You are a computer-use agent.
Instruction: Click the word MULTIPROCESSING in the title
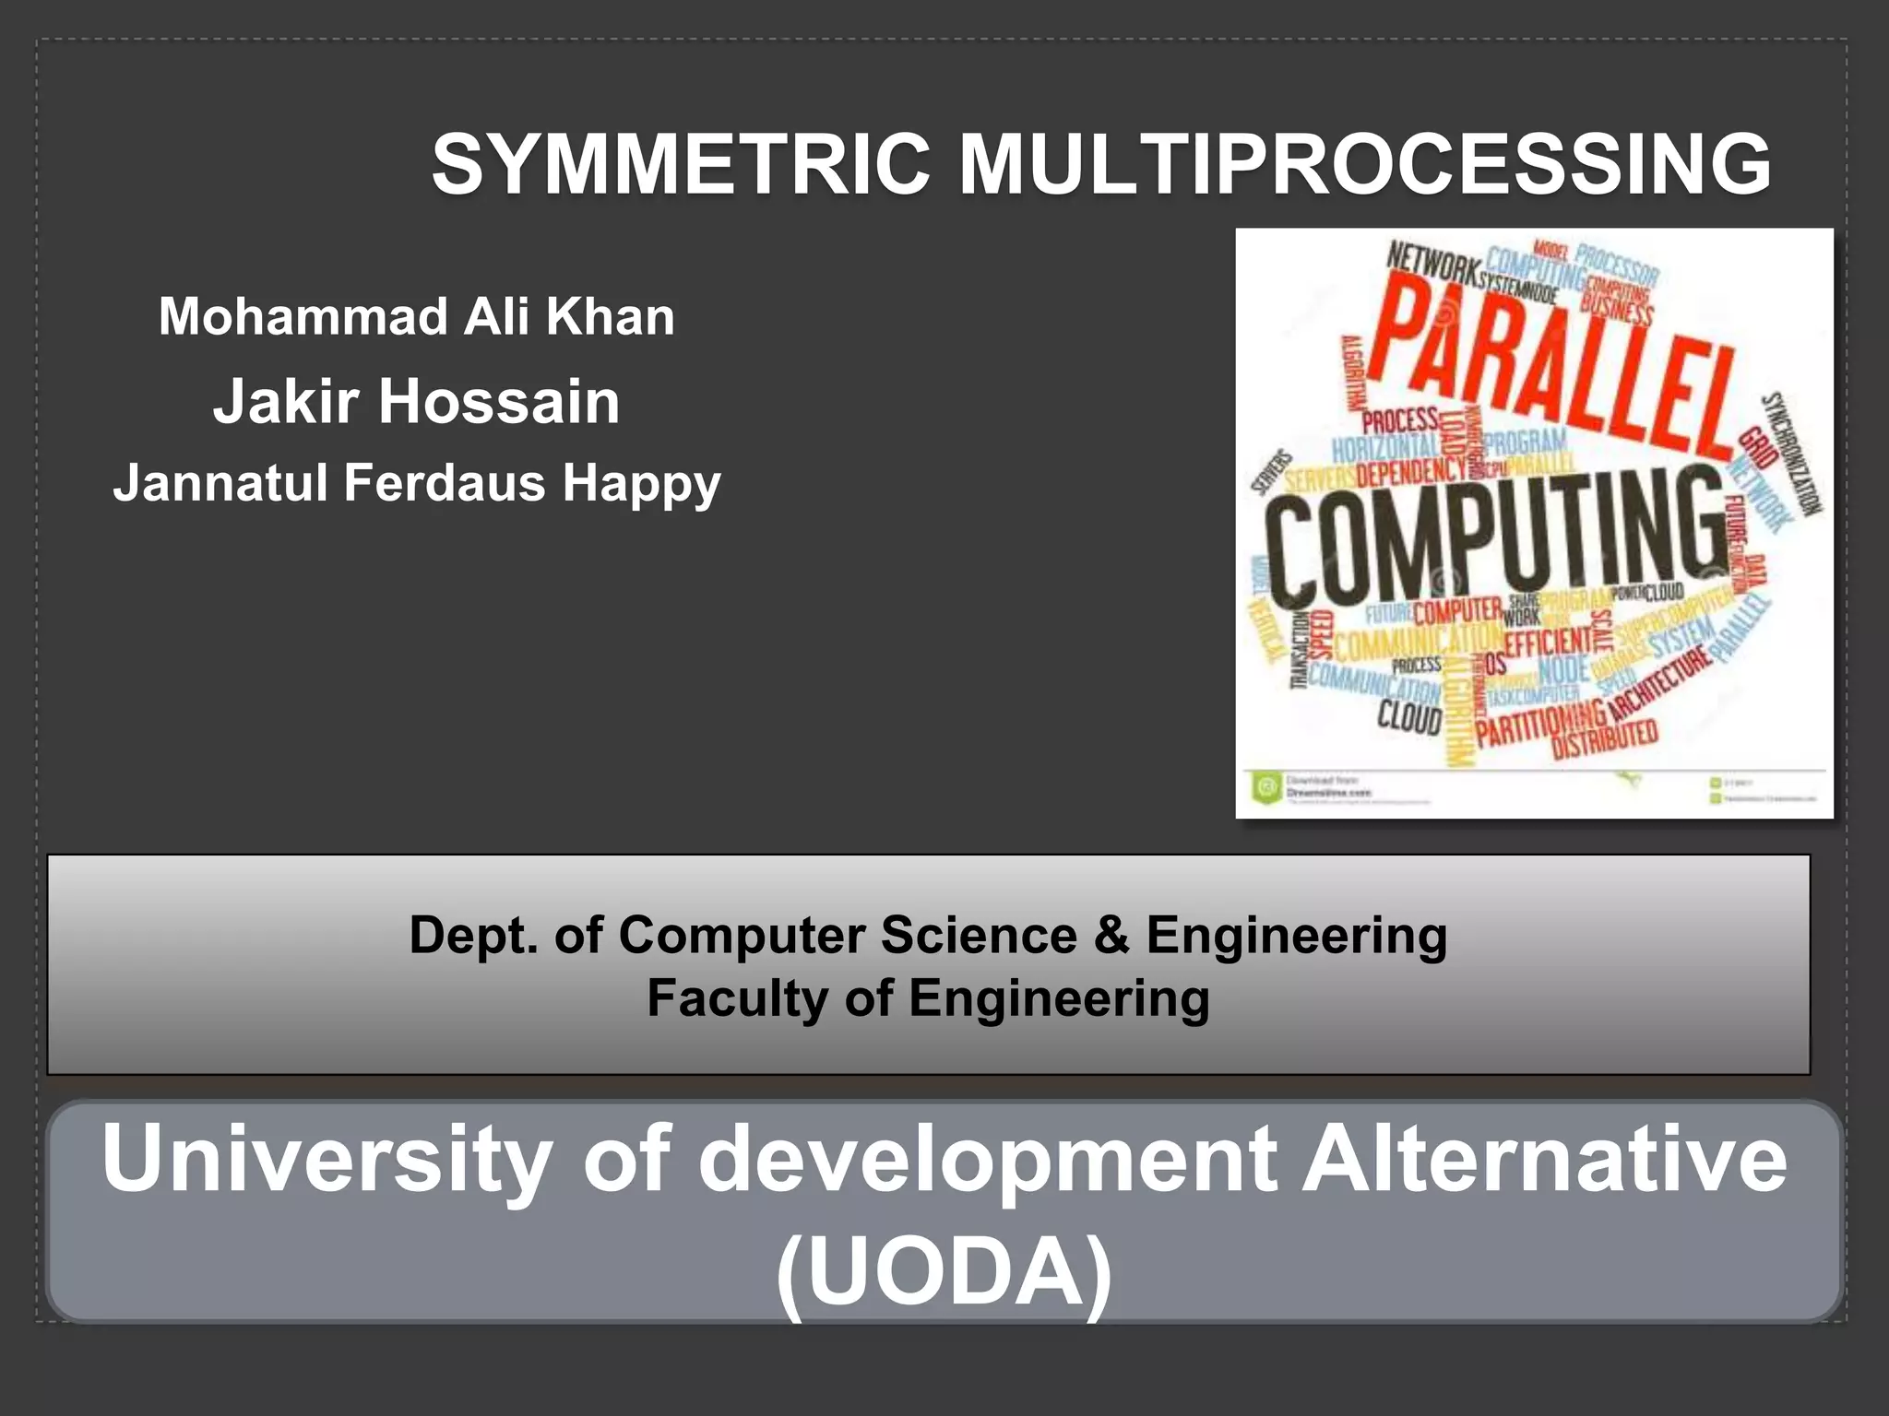pos(1364,165)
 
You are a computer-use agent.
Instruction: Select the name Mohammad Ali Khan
pos(417,316)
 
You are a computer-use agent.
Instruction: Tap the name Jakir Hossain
pos(417,402)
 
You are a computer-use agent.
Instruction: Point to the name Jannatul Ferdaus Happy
pos(417,483)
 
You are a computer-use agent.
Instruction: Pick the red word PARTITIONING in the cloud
pos(1540,724)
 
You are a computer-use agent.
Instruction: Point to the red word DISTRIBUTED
pos(1605,738)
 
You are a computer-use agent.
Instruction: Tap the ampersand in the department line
pos(1111,936)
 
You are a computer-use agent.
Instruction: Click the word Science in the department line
pos(979,936)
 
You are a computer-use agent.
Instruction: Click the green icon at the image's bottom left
pos(1266,787)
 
